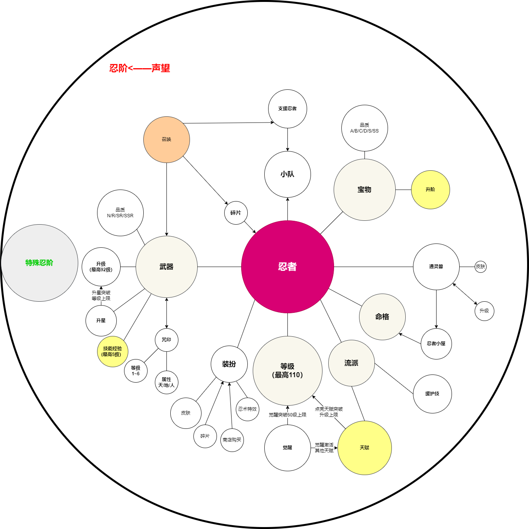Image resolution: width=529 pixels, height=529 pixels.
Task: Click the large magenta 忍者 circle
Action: tap(287, 267)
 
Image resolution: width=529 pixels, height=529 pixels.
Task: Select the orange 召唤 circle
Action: tap(166, 139)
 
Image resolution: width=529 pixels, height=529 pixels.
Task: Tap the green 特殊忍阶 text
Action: tap(39, 263)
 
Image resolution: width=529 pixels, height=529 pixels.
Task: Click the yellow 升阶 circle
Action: tap(430, 190)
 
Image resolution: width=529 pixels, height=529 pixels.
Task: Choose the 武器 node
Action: tap(166, 267)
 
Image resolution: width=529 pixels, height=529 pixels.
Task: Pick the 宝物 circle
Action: tap(364, 190)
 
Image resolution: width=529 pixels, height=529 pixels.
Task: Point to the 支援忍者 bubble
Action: tap(287, 109)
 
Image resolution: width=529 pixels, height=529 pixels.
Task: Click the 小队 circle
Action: tap(287, 174)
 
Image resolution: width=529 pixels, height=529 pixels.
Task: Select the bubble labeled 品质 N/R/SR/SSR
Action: tap(120, 213)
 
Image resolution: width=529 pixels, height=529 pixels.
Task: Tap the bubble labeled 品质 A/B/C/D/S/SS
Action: tap(364, 128)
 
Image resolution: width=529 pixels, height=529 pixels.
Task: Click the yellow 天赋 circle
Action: tap(364, 448)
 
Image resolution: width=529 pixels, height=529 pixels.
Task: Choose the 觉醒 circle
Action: tap(287, 448)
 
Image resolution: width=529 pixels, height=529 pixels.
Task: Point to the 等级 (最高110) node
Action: tap(287, 371)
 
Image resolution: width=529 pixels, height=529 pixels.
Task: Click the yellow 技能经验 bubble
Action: tap(113, 351)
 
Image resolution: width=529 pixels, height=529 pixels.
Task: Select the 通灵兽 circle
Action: tap(436, 267)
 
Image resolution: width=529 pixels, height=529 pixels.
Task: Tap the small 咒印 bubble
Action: tap(166, 340)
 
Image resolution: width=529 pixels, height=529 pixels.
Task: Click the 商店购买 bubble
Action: tap(232, 440)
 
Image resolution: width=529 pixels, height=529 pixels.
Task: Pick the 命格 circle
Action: tap(382, 317)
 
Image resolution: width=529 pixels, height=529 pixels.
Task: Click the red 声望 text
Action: tap(161, 68)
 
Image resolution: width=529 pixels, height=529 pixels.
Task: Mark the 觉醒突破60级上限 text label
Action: tap(287, 415)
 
